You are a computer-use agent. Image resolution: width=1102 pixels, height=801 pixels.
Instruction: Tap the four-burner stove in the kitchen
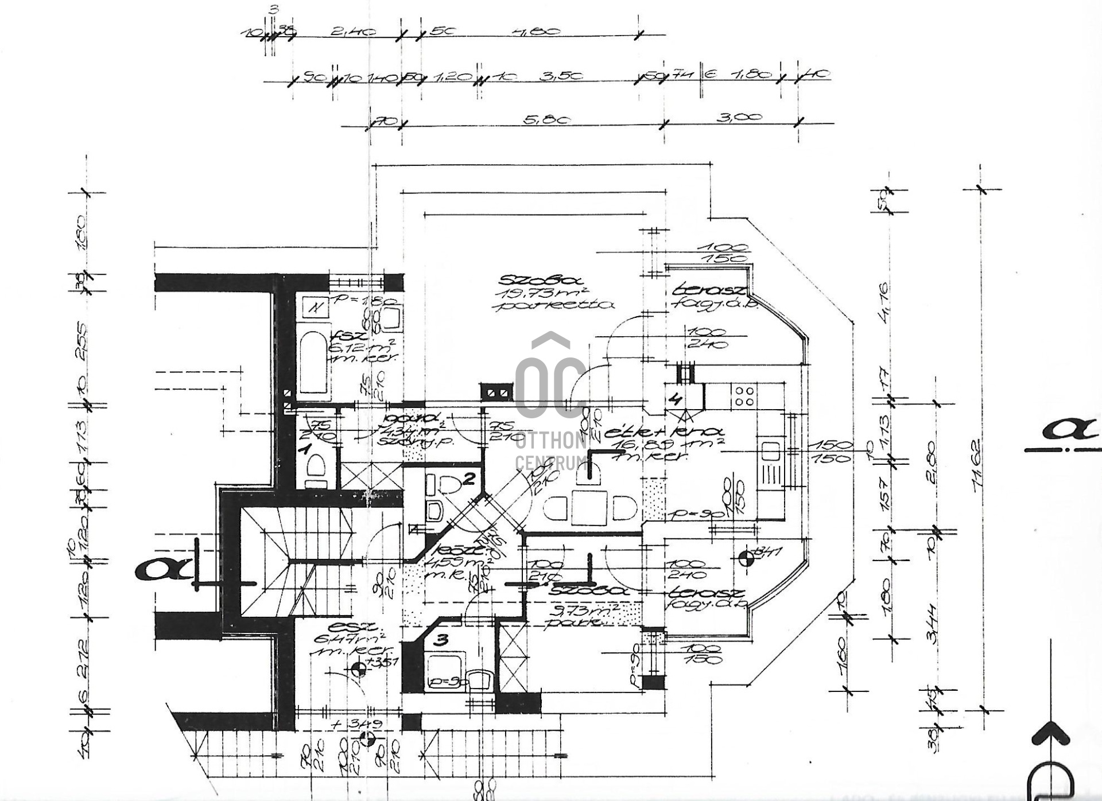[744, 396]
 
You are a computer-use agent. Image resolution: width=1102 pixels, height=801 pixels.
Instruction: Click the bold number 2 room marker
[469, 479]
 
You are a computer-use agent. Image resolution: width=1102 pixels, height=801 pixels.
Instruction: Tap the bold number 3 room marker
[440, 641]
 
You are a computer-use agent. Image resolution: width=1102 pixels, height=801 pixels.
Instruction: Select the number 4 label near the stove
[677, 398]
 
